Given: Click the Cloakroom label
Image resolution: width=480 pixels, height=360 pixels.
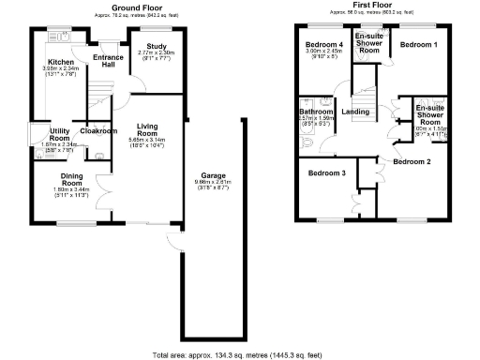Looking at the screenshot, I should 98,131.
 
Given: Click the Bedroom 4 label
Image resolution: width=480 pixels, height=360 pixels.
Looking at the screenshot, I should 323,45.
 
